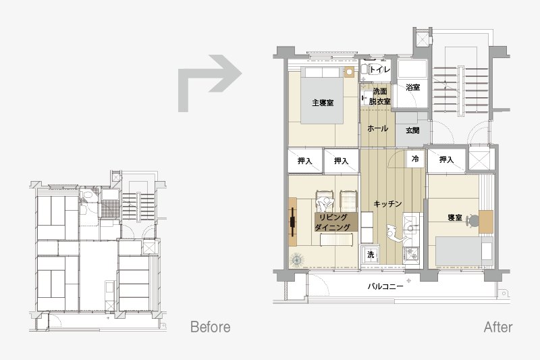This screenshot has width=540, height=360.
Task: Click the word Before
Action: [x=210, y=327]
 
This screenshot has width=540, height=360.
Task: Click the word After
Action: [x=498, y=327]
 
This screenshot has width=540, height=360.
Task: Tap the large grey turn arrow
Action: [x=209, y=83]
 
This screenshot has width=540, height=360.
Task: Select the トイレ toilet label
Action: [x=380, y=70]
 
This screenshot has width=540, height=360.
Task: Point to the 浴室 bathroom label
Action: [x=412, y=87]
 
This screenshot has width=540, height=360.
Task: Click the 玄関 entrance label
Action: [x=412, y=130]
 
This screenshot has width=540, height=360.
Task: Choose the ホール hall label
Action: [x=378, y=128]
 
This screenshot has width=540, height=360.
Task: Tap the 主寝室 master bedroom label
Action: [x=323, y=103]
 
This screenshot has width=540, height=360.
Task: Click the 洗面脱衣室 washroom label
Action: [x=380, y=97]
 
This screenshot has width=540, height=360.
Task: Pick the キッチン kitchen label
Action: [x=387, y=204]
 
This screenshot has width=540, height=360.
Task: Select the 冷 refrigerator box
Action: [x=415, y=159]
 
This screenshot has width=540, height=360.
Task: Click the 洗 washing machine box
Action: [x=371, y=255]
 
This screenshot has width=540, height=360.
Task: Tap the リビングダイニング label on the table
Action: [x=332, y=222]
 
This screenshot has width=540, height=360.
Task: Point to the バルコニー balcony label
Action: [x=385, y=286]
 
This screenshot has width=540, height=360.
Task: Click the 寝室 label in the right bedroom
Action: [x=454, y=217]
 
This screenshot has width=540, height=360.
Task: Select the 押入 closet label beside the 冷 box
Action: [x=446, y=159]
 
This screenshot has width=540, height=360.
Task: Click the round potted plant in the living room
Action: [x=296, y=260]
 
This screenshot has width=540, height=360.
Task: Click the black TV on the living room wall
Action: [x=292, y=222]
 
